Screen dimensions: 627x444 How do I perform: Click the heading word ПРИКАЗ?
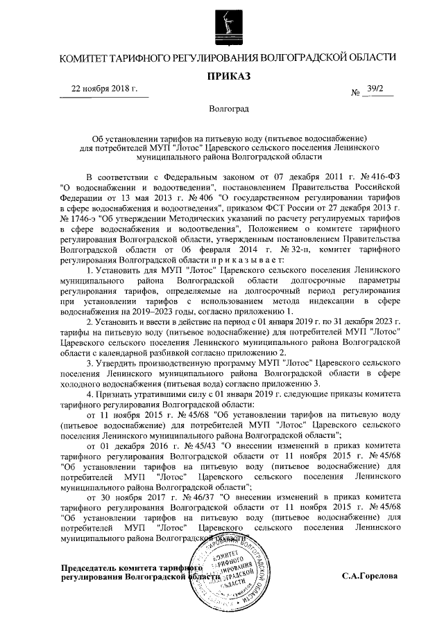click(221, 75)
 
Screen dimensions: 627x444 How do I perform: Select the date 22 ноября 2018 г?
click(104, 89)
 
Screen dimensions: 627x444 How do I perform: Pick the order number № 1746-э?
click(81, 216)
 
